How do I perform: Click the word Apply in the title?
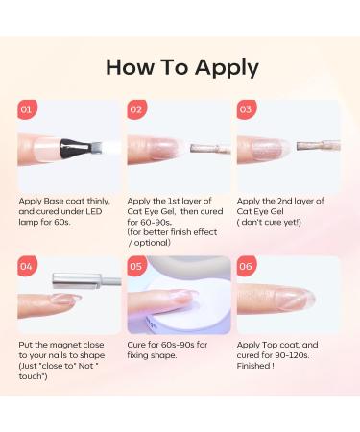(227, 68)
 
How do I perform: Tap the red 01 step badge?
(27, 109)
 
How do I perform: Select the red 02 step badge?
(136, 109)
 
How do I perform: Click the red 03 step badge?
(247, 109)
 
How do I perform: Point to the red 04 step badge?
(27, 266)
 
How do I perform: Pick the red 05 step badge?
(136, 266)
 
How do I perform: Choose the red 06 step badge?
(247, 266)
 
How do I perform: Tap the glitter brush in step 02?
(210, 149)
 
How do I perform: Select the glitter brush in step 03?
(318, 146)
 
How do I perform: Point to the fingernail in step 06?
(295, 300)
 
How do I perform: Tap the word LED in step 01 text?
(94, 211)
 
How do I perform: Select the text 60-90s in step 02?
(156, 222)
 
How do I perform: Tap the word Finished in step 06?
(253, 366)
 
